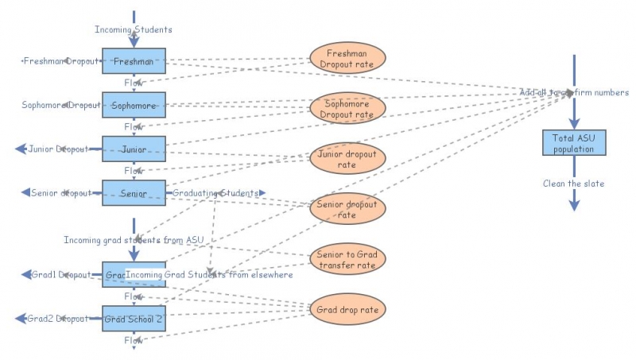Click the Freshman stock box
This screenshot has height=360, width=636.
pyautogui.click(x=134, y=61)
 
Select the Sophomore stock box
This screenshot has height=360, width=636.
pyautogui.click(x=134, y=105)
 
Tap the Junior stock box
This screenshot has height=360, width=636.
pyautogui.click(x=134, y=149)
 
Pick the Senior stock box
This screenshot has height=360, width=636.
pyautogui.click(x=134, y=193)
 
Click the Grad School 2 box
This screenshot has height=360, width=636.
pyautogui.click(x=134, y=319)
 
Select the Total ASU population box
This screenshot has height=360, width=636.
pyautogui.click(x=574, y=143)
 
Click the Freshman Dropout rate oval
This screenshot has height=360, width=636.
pyautogui.click(x=347, y=57)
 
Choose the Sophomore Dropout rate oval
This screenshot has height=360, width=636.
pyautogui.click(x=347, y=108)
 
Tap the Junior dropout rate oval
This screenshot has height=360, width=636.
pyautogui.click(x=347, y=159)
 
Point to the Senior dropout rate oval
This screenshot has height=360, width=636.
pyautogui.click(x=347, y=208)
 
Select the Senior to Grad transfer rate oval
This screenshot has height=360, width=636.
pyautogui.click(x=347, y=258)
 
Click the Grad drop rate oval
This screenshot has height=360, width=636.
pyautogui.click(x=347, y=309)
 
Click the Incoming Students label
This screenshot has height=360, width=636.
pyautogui.click(x=134, y=30)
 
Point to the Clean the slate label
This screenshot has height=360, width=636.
pyautogui.click(x=574, y=184)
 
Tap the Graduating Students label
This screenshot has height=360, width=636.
pyautogui.click(x=215, y=193)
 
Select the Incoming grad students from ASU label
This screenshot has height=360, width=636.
pyautogui.click(x=134, y=239)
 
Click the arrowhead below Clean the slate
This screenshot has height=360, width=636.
pyautogui.click(x=574, y=205)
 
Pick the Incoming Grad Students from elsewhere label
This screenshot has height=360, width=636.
pyautogui.click(x=210, y=275)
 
